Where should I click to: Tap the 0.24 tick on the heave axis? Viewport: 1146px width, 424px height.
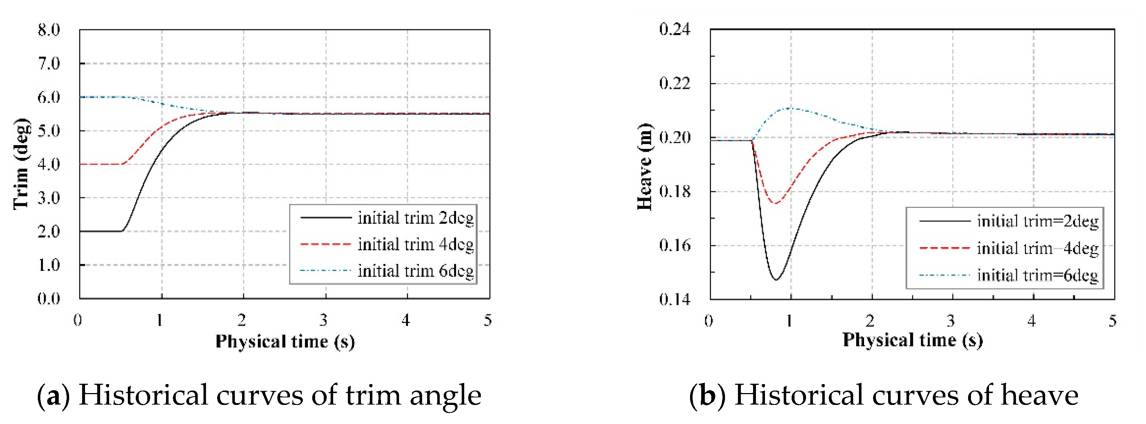(x=675, y=29)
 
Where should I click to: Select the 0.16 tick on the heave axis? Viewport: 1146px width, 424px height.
(x=675, y=245)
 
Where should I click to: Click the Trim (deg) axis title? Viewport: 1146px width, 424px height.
(x=21, y=164)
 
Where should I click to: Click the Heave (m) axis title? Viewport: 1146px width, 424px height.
(x=645, y=167)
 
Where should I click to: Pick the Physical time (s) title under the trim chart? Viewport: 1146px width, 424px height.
(x=285, y=342)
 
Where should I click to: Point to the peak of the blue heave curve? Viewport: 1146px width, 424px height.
(x=791, y=108)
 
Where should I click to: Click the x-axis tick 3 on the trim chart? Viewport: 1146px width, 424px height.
(x=323, y=320)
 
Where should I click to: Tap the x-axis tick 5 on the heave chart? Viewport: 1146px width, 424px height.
(x=1112, y=321)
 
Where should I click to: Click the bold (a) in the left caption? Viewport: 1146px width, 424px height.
(x=53, y=396)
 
